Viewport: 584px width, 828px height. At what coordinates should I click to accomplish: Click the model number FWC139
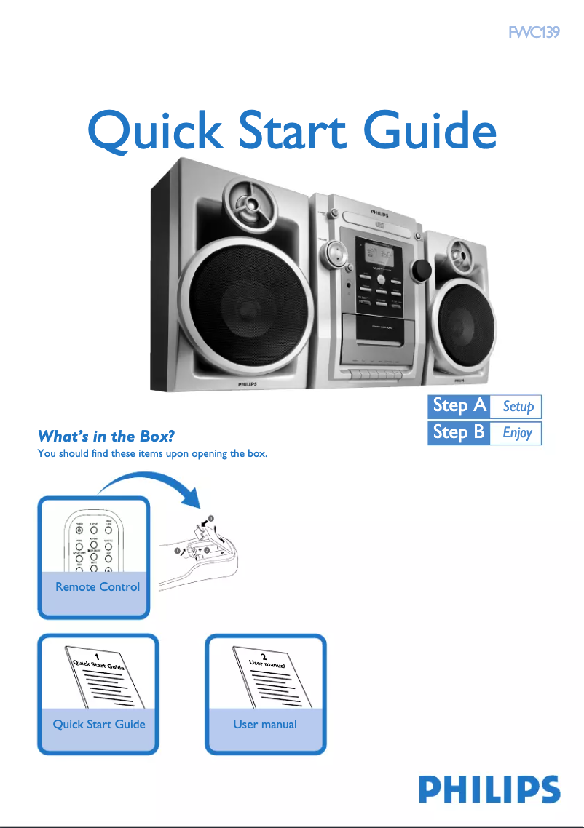pyautogui.click(x=534, y=33)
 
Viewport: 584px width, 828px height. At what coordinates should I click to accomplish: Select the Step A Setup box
pyautogui.click(x=485, y=406)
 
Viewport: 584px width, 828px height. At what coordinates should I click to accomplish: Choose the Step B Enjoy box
pyautogui.click(x=485, y=432)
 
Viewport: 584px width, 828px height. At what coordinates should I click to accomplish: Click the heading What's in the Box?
pyautogui.click(x=106, y=437)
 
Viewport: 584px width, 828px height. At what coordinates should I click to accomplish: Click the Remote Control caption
pyautogui.click(x=98, y=586)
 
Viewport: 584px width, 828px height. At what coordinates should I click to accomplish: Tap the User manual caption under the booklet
pyautogui.click(x=265, y=724)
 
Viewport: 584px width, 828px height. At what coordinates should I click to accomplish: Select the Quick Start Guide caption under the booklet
pyautogui.click(x=99, y=724)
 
